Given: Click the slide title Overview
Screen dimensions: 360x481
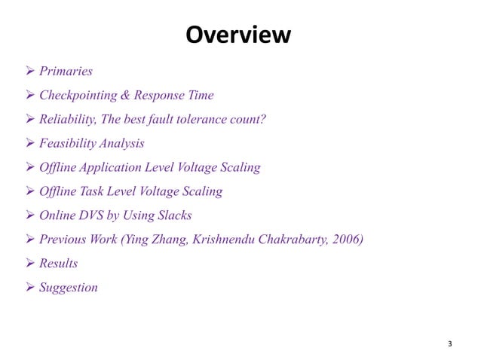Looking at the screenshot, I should coord(237,35).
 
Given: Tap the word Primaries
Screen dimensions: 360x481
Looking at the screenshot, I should coord(66,72).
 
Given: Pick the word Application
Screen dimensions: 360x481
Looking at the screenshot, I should coord(115,167).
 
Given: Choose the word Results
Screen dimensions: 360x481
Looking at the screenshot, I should coord(58,263).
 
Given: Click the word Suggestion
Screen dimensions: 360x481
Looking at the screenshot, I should coord(69,287).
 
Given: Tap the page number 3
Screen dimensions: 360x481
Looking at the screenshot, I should coord(450,344).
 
